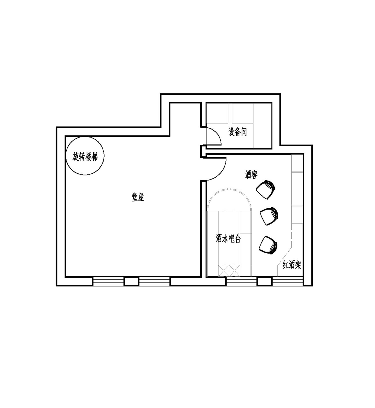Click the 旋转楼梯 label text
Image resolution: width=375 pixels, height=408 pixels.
click(x=85, y=157)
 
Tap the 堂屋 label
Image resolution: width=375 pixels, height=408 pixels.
click(x=138, y=197)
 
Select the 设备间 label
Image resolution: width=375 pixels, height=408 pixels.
click(x=237, y=132)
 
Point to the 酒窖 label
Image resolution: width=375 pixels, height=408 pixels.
click(x=251, y=174)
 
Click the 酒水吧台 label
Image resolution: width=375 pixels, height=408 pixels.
click(x=228, y=238)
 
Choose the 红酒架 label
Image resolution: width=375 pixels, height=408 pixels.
click(x=292, y=265)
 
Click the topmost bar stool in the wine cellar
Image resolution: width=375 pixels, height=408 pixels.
click(x=265, y=189)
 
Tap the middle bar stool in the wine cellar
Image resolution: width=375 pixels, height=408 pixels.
click(x=269, y=217)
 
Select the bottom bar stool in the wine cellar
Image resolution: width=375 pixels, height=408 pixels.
click(x=268, y=245)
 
